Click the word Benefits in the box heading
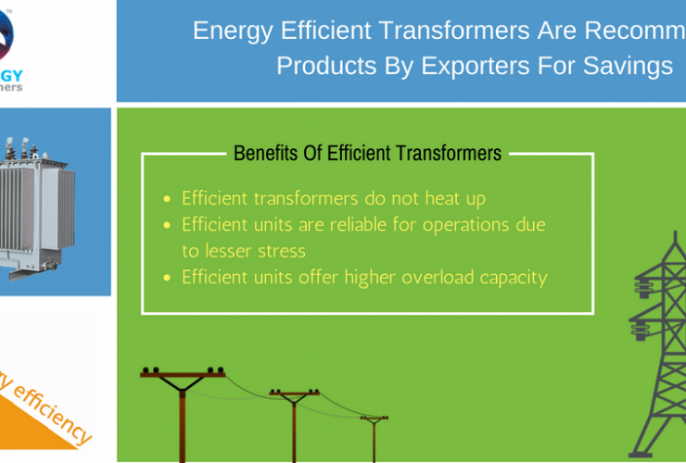267,153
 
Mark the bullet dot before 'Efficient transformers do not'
166,199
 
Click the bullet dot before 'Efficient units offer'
166,277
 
